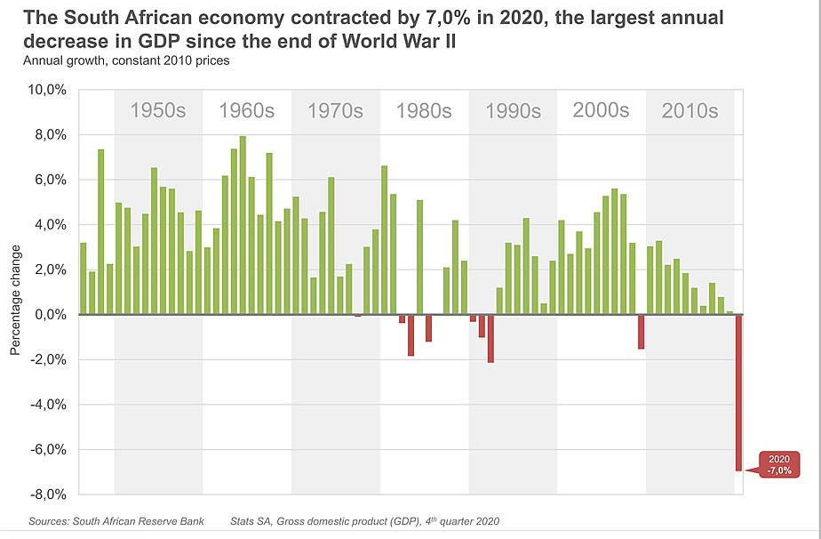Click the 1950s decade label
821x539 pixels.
(158, 111)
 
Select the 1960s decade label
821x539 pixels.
(246, 111)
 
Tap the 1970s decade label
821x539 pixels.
(335, 111)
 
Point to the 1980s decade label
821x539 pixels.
(424, 111)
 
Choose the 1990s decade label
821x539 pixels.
(513, 111)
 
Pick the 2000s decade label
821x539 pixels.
(601, 110)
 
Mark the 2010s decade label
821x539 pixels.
(689, 111)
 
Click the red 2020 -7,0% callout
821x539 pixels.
(778, 464)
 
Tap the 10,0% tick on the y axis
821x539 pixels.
(47, 91)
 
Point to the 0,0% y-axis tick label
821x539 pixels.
(50, 315)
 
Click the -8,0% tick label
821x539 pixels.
(48, 495)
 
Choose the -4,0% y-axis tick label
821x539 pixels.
(48, 405)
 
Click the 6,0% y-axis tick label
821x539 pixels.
(50, 181)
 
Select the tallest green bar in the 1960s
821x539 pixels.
(243, 225)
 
